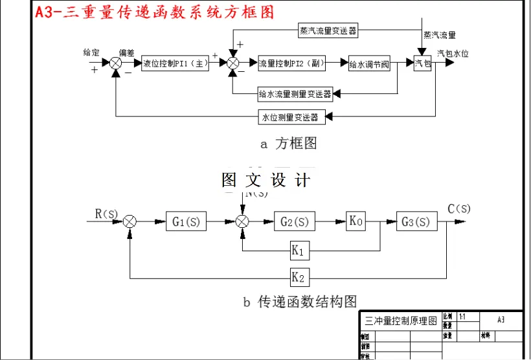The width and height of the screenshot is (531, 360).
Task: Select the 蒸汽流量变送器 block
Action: [328, 30]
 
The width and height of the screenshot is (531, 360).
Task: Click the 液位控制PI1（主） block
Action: [175, 63]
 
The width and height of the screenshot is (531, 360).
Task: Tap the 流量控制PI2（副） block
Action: [291, 63]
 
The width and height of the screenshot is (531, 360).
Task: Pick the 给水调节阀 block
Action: [370, 63]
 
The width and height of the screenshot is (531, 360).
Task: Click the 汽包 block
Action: [422, 63]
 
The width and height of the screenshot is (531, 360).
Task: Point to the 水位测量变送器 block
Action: [289, 117]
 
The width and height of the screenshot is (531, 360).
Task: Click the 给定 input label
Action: [91, 52]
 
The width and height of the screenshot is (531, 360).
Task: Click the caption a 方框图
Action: [288, 144]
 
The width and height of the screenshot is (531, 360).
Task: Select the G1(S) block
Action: [186, 221]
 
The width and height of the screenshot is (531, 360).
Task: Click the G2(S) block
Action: [295, 221]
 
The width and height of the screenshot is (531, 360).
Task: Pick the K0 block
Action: [356, 221]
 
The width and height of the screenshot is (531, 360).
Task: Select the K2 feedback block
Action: [299, 278]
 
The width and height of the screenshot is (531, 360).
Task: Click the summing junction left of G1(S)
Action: [130, 221]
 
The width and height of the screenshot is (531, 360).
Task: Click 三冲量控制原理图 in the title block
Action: [401, 321]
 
